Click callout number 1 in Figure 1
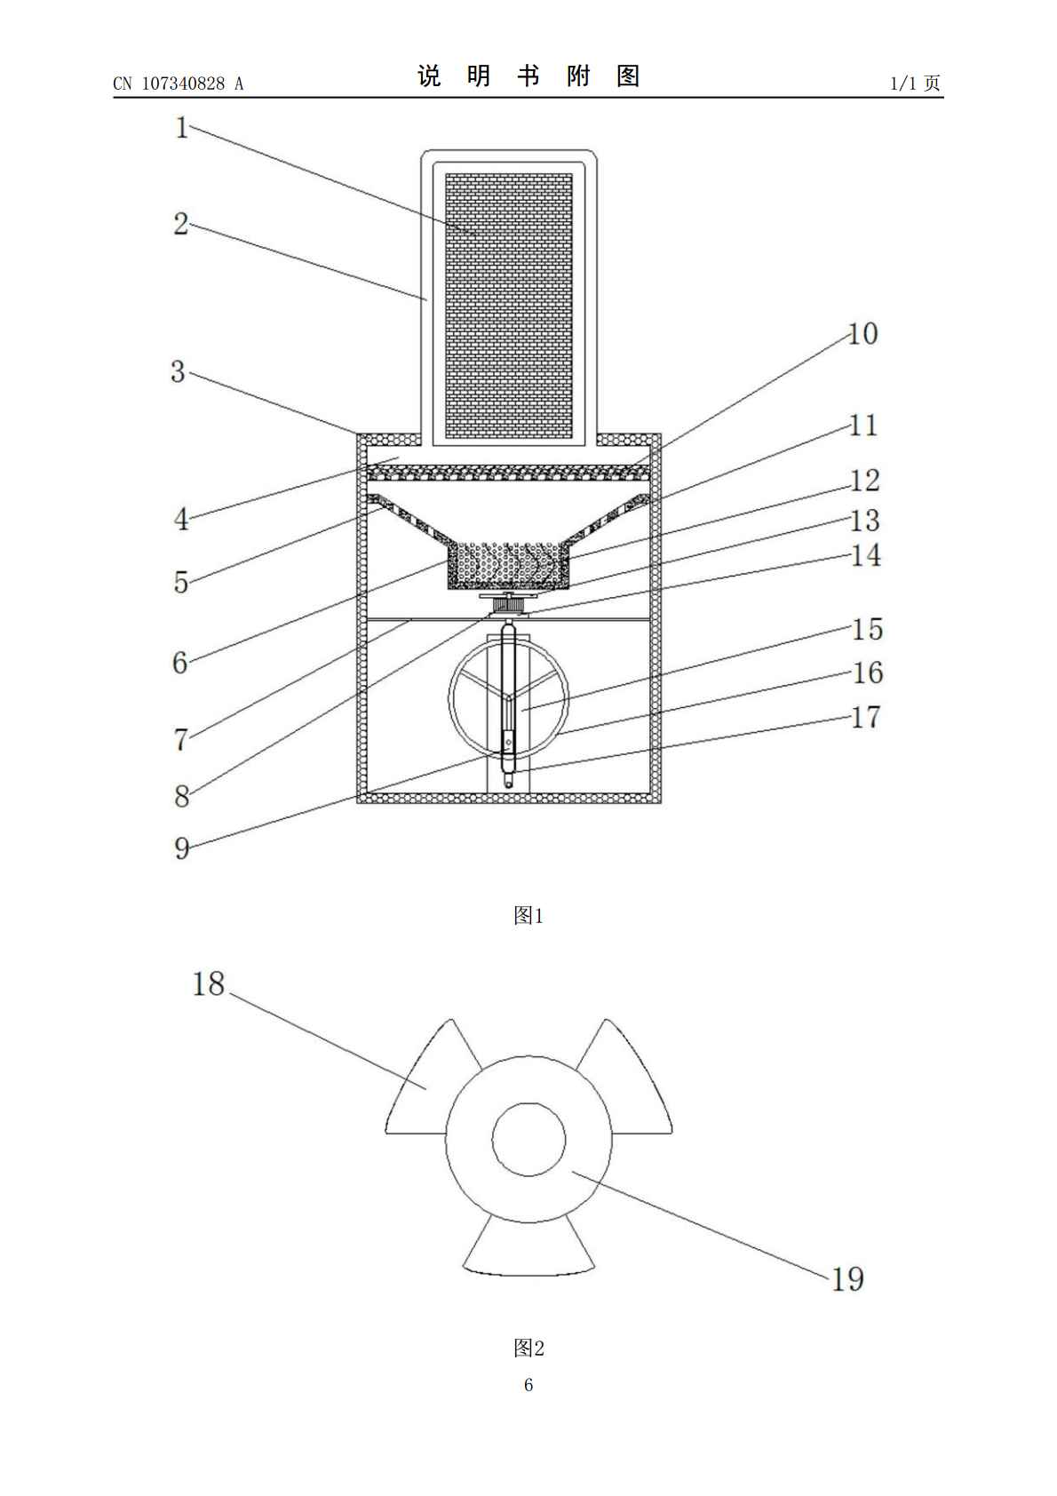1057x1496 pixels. click(181, 128)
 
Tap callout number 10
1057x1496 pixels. click(862, 333)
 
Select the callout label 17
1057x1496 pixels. click(866, 717)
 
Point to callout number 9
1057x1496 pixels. click(181, 848)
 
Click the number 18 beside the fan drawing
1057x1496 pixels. click(209, 983)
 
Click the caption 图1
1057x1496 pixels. click(528, 915)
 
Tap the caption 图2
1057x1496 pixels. click(528, 1348)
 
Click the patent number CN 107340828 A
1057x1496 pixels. click(179, 84)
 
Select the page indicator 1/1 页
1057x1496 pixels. click(916, 83)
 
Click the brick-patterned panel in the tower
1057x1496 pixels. click(509, 306)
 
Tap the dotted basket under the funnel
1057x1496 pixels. click(509, 566)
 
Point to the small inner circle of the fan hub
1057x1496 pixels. click(528, 1140)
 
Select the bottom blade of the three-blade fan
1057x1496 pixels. click(528, 1247)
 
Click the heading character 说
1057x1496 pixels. click(429, 76)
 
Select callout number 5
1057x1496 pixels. click(181, 583)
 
